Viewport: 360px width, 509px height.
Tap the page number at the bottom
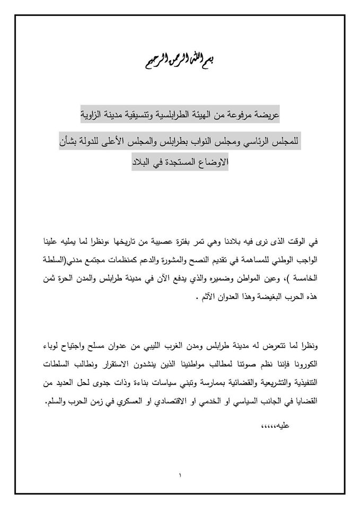(180, 475)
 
